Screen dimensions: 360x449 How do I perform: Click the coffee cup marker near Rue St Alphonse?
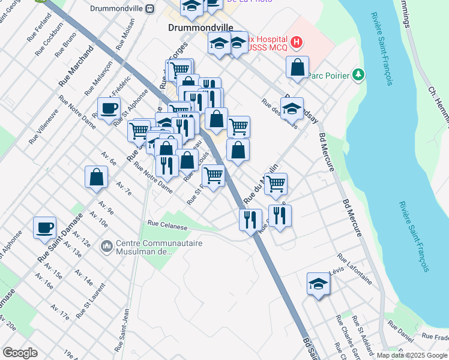109,109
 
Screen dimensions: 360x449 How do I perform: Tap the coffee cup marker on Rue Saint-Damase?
45,228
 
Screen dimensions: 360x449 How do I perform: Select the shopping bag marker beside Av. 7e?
97,177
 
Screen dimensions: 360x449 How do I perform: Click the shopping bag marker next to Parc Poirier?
298,67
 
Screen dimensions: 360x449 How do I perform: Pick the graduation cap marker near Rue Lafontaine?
318,284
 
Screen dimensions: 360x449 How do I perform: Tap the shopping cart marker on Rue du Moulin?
276,184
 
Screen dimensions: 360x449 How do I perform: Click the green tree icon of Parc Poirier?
358,74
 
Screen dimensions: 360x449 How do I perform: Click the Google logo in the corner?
20,352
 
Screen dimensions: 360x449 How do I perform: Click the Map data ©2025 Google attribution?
411,355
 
